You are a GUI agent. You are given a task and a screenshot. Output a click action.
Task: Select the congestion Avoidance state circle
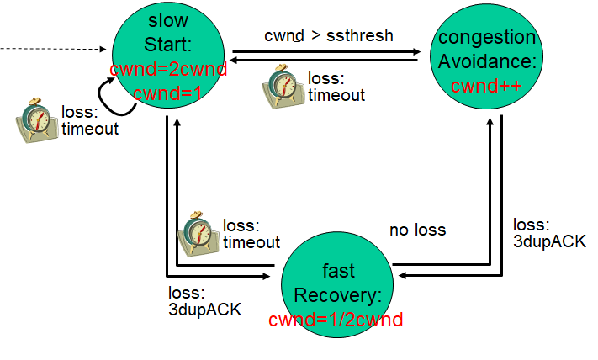point(486,61)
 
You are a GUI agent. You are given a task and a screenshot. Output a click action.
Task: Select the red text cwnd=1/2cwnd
point(336,320)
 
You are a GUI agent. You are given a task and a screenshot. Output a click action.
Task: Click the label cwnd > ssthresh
point(329,35)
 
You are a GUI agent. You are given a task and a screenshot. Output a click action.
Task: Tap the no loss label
point(417,230)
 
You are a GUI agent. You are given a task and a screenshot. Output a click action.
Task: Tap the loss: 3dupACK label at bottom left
point(204,300)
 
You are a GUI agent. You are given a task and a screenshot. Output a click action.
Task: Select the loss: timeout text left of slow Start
point(89,119)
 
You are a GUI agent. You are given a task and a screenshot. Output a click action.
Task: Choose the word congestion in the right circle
point(487,37)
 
